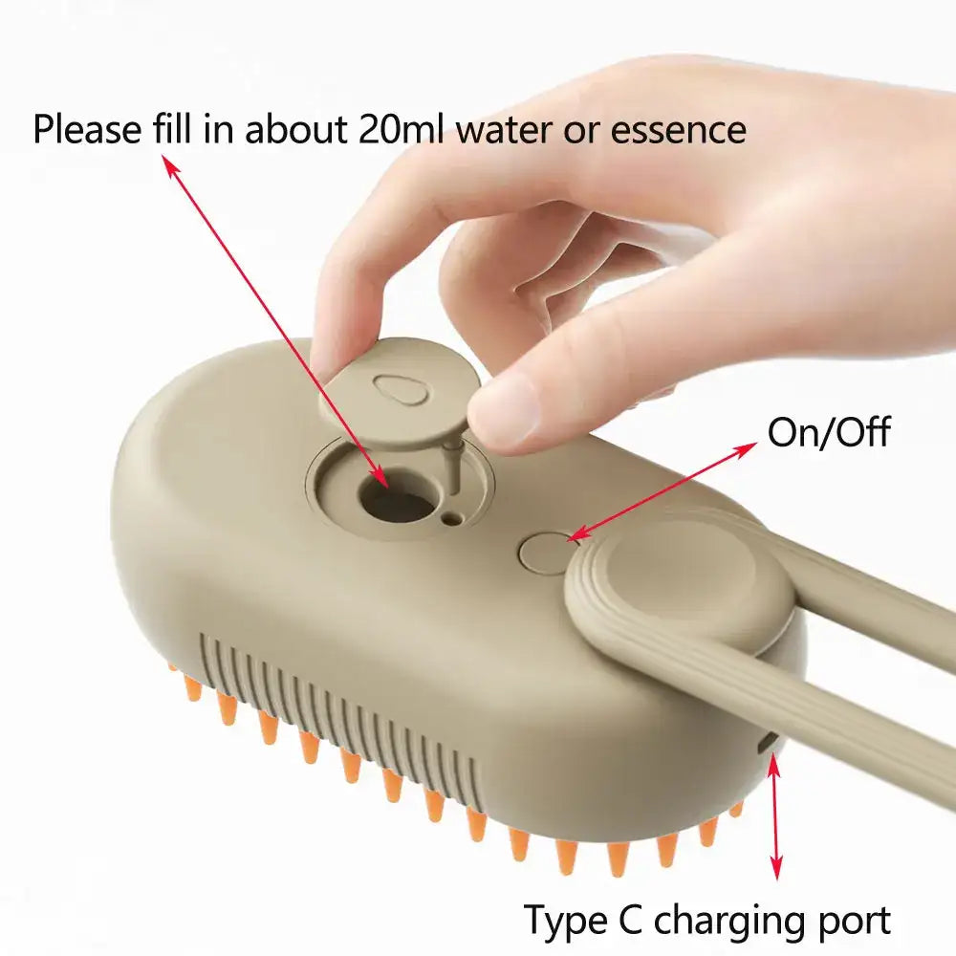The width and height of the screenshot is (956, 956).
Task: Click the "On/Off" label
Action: coord(828,432)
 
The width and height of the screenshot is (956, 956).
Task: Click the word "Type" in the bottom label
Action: coord(562,921)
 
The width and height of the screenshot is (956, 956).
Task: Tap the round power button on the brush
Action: coord(543,554)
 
